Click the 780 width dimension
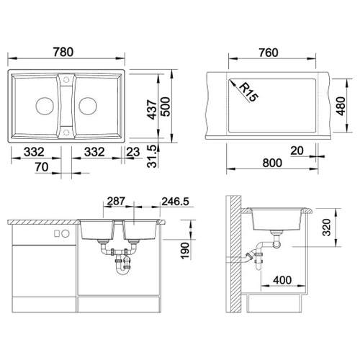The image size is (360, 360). pyautogui.click(x=63, y=52)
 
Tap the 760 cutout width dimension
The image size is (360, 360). pyautogui.click(x=269, y=53)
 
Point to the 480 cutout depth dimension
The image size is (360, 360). pyautogui.click(x=341, y=106)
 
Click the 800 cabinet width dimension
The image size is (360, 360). pyautogui.click(x=272, y=163)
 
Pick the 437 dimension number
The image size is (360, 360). pyautogui.click(x=152, y=109)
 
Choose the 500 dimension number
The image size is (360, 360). pyautogui.click(x=166, y=107)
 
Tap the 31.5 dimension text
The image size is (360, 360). pyautogui.click(x=152, y=156)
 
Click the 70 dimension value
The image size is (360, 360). pyautogui.click(x=42, y=167)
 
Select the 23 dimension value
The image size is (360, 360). pyautogui.click(x=133, y=152)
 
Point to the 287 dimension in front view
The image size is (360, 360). pyautogui.click(x=116, y=201)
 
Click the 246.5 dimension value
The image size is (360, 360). pyautogui.click(x=175, y=202)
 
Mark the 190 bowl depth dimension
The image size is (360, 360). pyautogui.click(x=185, y=251)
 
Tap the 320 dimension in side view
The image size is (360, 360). pyautogui.click(x=327, y=228)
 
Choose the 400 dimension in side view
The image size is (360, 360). pyautogui.click(x=282, y=280)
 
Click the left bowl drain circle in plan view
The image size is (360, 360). pyautogui.click(x=45, y=106)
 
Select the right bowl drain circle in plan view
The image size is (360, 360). pyautogui.click(x=88, y=106)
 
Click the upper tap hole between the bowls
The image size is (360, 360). pyautogui.click(x=66, y=79)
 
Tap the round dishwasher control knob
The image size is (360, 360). pyautogui.click(x=66, y=233)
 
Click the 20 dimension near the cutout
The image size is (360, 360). pyautogui.click(x=297, y=150)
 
